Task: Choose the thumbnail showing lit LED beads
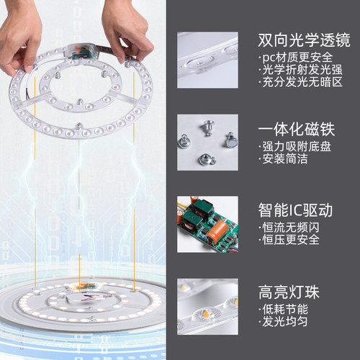[208, 305]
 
